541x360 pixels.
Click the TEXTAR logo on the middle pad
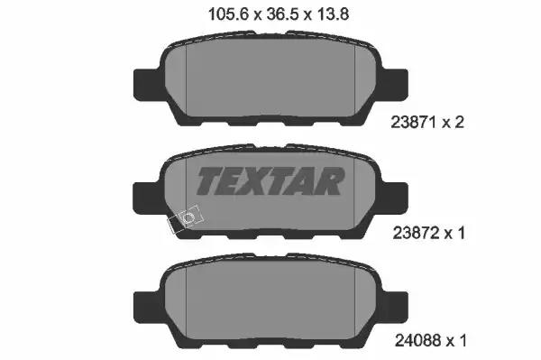[x=269, y=181]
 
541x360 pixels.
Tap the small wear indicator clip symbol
[x=188, y=219]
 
